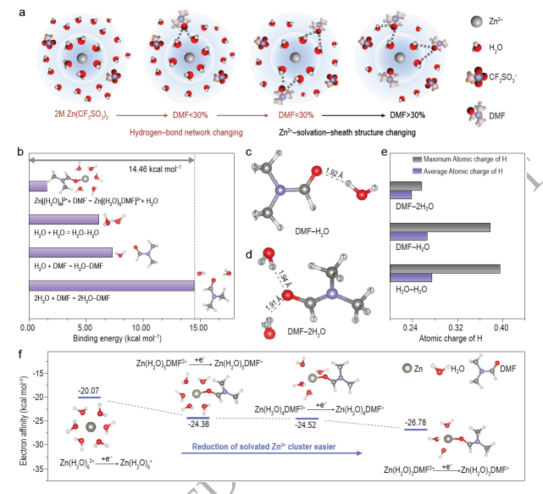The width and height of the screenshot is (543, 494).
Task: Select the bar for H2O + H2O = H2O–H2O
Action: click(64, 219)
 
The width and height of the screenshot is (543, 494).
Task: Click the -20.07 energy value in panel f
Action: click(89, 391)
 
